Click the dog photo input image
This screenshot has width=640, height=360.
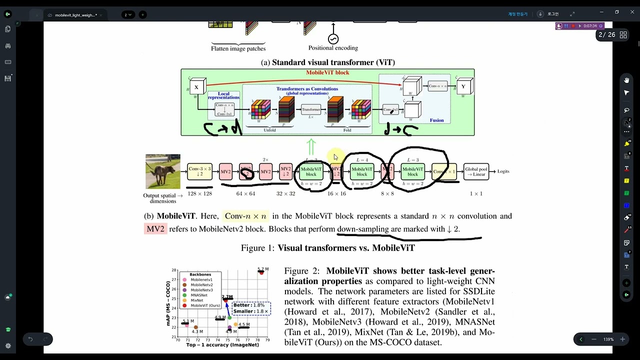point(163,171)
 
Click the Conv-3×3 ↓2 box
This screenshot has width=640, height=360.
point(199,171)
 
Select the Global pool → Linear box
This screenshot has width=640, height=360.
point(476,171)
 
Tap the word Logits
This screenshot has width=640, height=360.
point(503,171)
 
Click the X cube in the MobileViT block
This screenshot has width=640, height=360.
point(196,87)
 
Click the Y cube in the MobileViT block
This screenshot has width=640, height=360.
point(463,86)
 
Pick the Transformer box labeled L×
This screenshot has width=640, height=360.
point(311,109)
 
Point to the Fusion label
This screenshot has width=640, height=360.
point(436,120)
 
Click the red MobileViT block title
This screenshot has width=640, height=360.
point(327,73)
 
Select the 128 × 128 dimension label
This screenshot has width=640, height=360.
point(199,193)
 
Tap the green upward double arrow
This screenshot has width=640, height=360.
point(311,147)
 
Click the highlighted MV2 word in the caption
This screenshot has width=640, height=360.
point(155,229)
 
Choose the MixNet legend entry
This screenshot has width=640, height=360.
point(196,300)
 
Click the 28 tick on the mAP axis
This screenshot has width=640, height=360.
point(174,270)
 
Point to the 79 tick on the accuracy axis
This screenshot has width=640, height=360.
point(267,340)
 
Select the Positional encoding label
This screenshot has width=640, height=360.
point(333,48)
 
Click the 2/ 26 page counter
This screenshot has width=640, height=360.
point(606,35)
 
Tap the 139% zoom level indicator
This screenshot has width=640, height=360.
point(608,339)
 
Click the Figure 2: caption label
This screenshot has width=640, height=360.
point(301,271)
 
